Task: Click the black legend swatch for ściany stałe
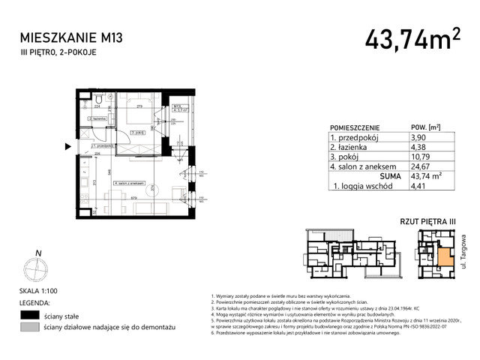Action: tap(31, 315)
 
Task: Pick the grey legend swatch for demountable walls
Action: tap(31, 328)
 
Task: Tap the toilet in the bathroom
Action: tap(99, 100)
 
